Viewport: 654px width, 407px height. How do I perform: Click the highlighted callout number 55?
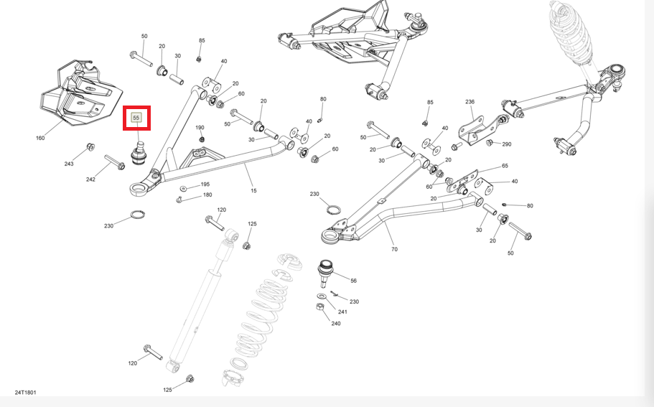(136, 118)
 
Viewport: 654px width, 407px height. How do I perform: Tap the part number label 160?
(40, 138)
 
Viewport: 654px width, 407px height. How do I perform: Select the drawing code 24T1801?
(25, 393)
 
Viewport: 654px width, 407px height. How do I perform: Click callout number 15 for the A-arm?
(253, 190)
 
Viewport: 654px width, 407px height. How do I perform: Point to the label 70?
(394, 249)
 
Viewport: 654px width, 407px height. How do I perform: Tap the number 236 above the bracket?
(470, 102)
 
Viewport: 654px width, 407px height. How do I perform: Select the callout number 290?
(506, 144)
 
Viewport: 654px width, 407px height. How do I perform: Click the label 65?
(505, 166)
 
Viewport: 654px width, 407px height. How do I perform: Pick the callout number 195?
(205, 184)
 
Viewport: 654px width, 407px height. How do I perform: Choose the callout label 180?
(207, 195)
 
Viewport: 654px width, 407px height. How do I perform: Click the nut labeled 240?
(321, 308)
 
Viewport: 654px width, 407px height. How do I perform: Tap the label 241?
(342, 312)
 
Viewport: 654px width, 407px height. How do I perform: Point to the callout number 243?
(69, 164)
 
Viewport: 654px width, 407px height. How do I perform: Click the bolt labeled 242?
(115, 162)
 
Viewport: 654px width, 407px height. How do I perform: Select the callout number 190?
(200, 128)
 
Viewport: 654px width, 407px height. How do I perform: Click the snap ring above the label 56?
(333, 209)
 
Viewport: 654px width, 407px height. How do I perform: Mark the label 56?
(353, 281)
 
